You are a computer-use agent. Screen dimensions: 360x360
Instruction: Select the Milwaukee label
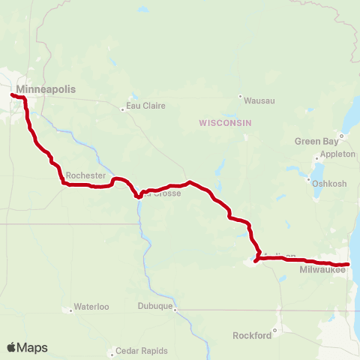322,269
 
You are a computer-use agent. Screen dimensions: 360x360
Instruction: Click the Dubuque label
155,306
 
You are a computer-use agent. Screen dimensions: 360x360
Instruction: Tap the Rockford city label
252,335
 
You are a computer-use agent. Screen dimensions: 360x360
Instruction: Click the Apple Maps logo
27,347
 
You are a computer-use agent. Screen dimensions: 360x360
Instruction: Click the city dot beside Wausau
240,97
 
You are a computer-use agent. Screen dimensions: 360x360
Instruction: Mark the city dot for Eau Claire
123,109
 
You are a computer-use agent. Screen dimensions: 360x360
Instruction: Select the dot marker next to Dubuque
176,306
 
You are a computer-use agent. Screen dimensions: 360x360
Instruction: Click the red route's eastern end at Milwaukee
348,264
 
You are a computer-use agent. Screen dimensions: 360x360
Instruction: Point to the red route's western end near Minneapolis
12,94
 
